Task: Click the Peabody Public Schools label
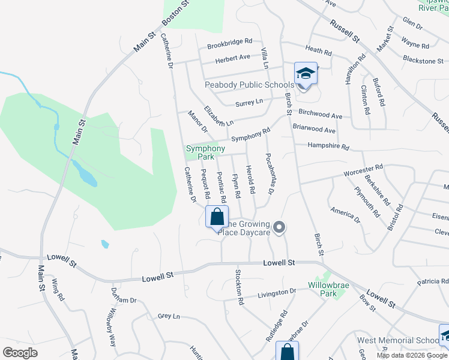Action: pos(249,85)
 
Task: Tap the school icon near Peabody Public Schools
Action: pos(306,74)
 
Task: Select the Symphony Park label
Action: pos(205,152)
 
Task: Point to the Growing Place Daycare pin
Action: pos(279,227)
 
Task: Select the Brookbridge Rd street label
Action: pos(229,43)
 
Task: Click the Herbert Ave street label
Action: pos(233,58)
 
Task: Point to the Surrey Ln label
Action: pos(249,103)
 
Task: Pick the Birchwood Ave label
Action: pos(320,114)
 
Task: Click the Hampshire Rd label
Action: pos(328,146)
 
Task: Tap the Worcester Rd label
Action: pos(363,171)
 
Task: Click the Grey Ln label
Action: pos(169,316)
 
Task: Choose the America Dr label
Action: pos(345,215)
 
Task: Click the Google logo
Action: pos(20,352)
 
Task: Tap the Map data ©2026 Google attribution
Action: pos(412,355)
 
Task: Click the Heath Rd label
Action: pos(318,52)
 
